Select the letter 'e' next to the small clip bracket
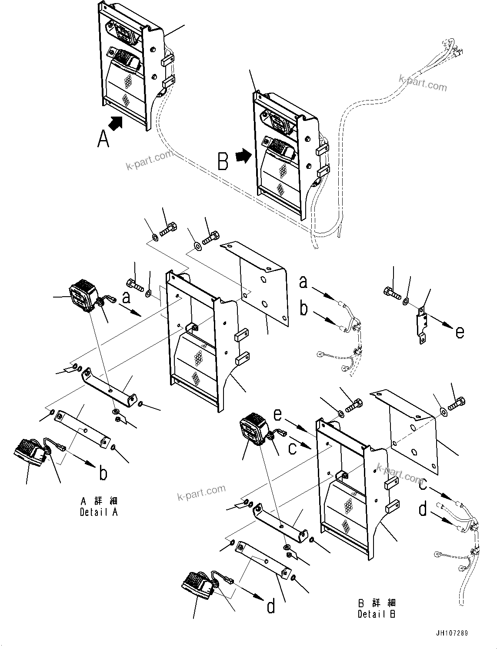(460, 332)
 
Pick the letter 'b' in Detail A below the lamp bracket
(103, 473)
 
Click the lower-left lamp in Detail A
(30, 453)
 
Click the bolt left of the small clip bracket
(391, 293)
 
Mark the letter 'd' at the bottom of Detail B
(271, 606)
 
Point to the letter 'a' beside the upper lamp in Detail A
(126, 298)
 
